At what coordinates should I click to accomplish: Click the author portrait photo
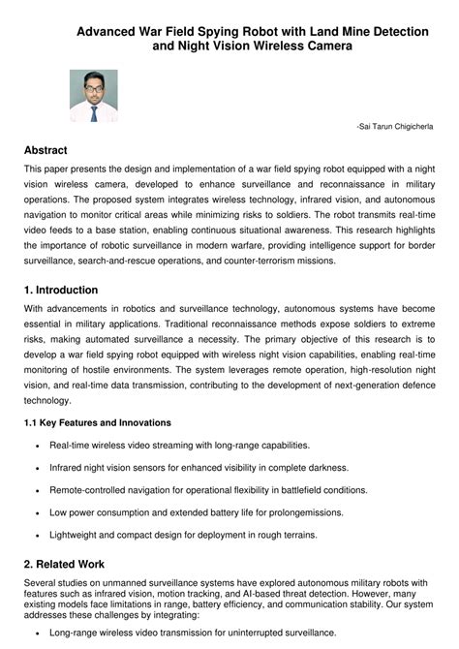coord(93,95)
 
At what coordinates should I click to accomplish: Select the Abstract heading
coord(46,150)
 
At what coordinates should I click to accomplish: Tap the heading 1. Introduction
coord(61,290)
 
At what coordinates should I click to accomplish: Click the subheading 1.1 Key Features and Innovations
coord(97,422)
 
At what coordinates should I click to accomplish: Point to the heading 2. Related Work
coord(64,564)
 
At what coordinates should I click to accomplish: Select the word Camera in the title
coord(319,46)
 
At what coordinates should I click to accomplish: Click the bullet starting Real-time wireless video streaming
coord(179,445)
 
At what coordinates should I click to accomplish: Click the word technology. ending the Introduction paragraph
coord(47,399)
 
